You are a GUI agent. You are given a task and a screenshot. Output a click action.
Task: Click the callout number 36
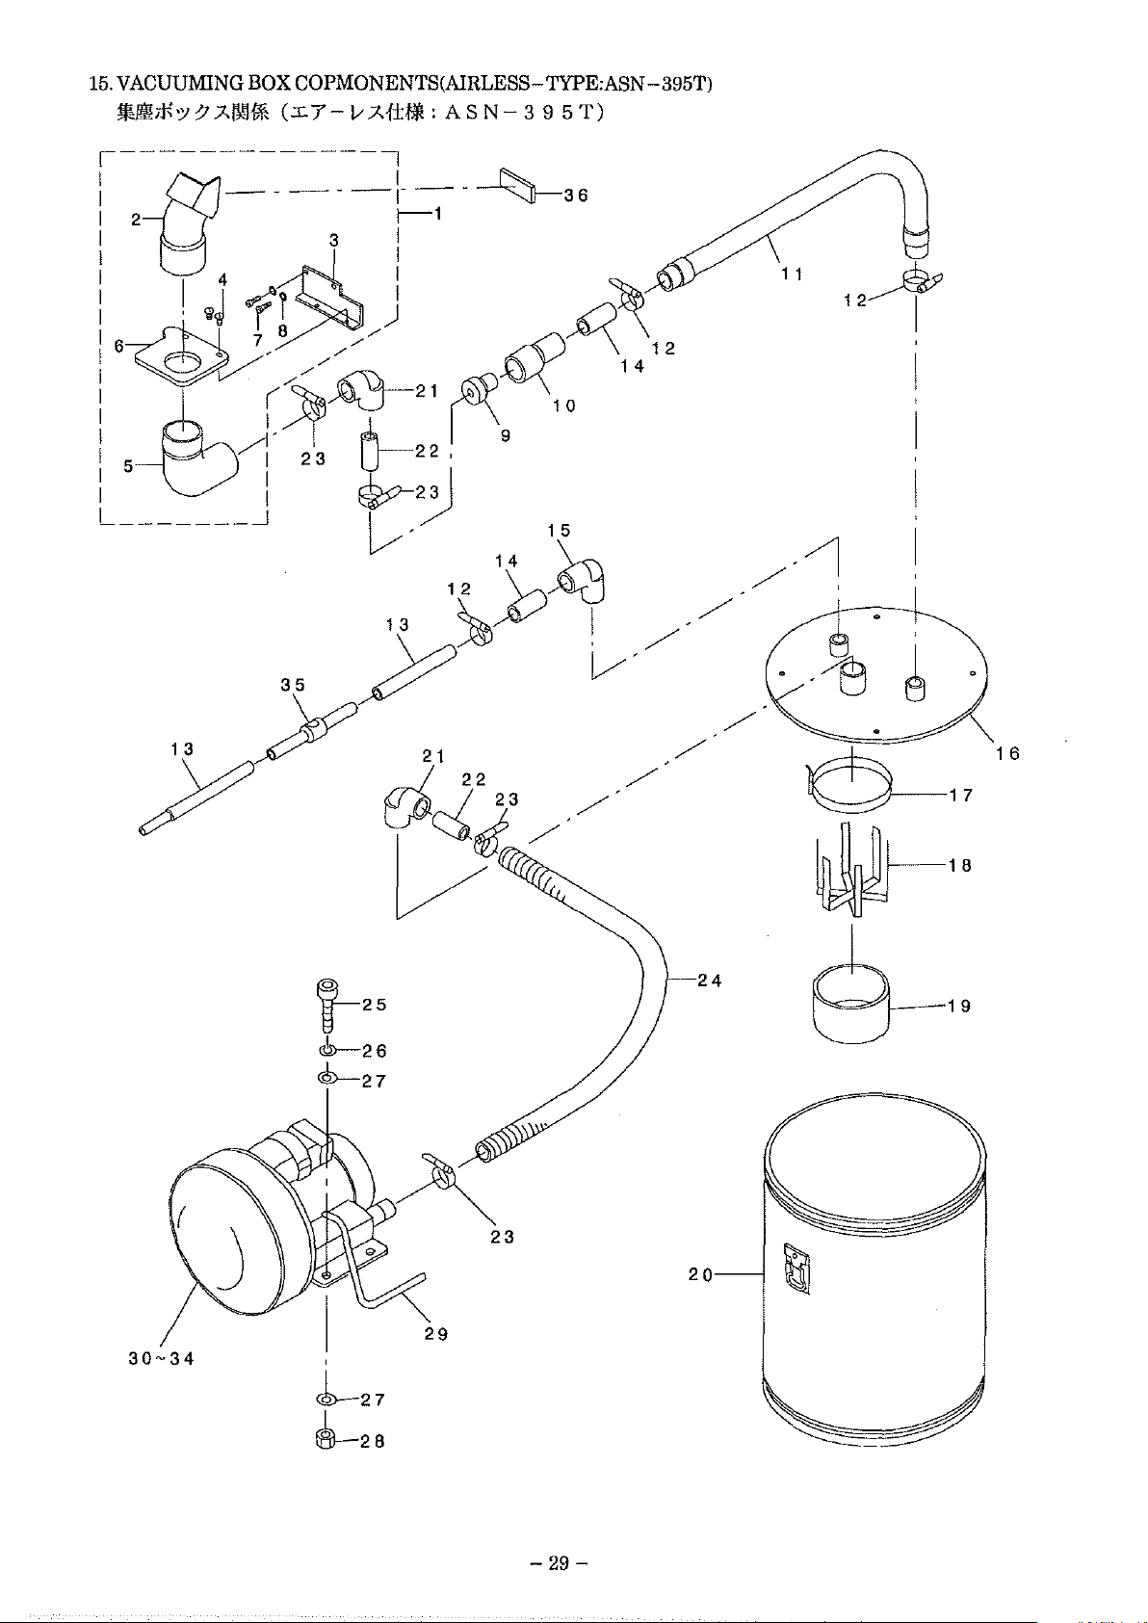(x=576, y=196)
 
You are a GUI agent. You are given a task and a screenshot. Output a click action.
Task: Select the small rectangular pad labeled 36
(x=518, y=185)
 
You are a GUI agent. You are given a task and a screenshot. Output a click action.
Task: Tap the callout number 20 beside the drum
(x=701, y=1275)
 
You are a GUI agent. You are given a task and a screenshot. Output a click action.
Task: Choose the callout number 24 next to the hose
(x=710, y=982)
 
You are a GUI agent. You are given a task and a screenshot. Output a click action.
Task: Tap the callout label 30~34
(x=162, y=1358)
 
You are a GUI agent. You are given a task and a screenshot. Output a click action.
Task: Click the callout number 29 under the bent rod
(x=436, y=1334)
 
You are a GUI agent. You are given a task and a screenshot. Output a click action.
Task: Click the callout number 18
(x=959, y=865)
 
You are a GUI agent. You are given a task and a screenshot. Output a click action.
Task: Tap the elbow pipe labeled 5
(x=197, y=458)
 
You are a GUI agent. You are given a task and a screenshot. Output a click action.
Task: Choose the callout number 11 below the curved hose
(x=792, y=274)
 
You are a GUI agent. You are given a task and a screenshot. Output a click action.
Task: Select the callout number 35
(x=294, y=685)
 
